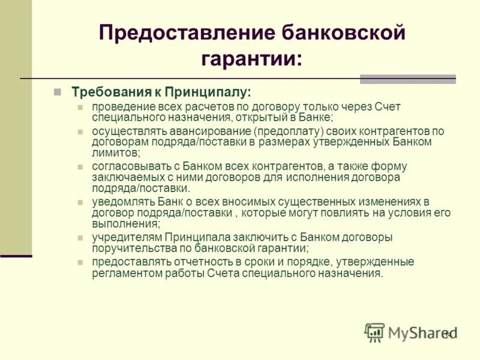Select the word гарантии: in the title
pos(252,59)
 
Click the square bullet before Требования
pos(57,92)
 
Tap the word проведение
pos(121,106)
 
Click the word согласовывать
pos(127,166)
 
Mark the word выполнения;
pos(126,223)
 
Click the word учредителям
pos(127,237)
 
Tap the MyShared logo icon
pos(375,332)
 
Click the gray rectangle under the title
pos(407,79)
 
